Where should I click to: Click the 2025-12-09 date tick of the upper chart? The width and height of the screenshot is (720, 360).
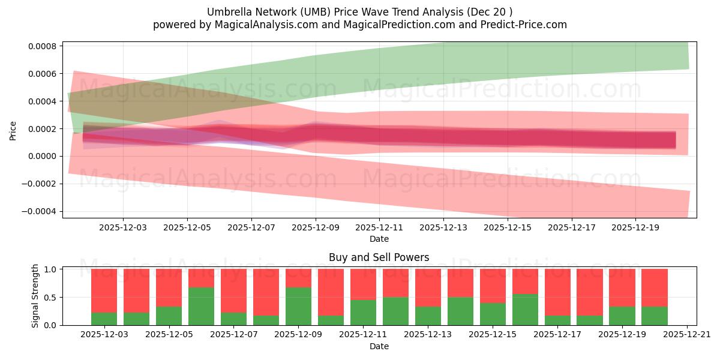[x=316, y=228]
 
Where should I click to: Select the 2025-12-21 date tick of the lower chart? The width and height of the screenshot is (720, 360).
[x=686, y=335]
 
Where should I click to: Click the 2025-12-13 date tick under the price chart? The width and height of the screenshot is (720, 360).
[x=443, y=228]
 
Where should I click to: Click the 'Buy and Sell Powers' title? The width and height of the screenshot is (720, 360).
[x=379, y=257]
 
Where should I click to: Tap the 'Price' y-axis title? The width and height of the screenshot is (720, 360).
[x=13, y=130]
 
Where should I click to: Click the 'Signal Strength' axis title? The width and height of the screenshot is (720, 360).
[x=35, y=296]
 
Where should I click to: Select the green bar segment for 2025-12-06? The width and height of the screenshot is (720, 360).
[x=201, y=306]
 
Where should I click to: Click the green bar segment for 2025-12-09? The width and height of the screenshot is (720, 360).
[x=298, y=306]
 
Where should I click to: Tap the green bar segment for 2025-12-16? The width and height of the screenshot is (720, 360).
[x=525, y=310]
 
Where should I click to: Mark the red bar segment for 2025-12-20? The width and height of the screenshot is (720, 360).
[x=655, y=287]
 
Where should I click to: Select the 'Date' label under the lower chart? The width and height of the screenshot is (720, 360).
[x=379, y=346]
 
